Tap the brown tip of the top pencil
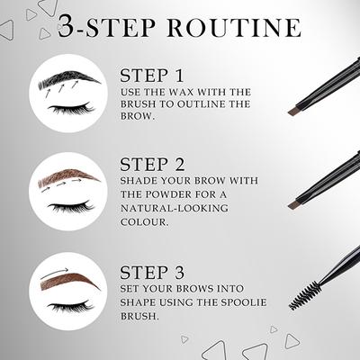[293, 111]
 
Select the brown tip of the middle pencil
[293, 203]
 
